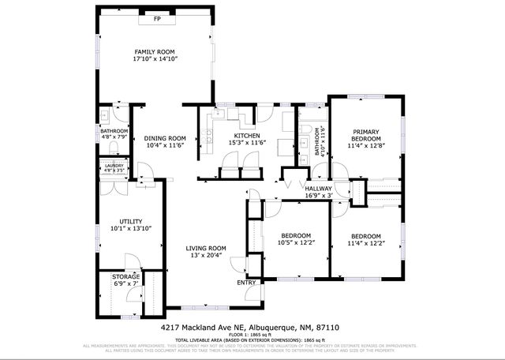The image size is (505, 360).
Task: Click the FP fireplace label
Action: [157, 17]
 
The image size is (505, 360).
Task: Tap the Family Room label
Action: [155, 51]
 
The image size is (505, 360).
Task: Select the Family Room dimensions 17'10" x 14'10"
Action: [155, 58]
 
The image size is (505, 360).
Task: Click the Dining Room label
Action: [165, 138]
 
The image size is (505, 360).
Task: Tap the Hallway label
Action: [319, 189]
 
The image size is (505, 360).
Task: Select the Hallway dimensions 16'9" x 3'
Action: [319, 196]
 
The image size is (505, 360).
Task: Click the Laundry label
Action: [114, 165]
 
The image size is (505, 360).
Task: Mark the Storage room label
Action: [125, 276]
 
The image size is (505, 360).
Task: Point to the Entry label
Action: [246, 282]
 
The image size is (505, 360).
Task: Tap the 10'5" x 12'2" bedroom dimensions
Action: [296, 242]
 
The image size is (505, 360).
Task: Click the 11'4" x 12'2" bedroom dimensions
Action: [365, 243]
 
